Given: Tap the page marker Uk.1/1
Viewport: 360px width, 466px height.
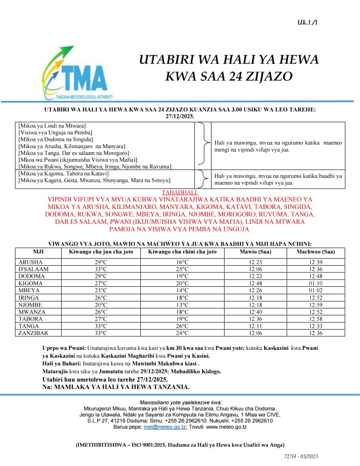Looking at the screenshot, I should click(307, 22).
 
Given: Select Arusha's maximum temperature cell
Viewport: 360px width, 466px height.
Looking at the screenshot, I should click(101, 262).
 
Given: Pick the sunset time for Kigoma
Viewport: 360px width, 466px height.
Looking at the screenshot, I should click(315, 283).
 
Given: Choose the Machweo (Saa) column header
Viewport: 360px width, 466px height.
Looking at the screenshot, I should click(315, 252).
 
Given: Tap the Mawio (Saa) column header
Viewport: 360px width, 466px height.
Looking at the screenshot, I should click(255, 252).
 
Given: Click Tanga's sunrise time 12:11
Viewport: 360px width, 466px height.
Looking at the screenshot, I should click(255, 326).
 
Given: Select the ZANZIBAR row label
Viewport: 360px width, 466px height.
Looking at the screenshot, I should click(33, 333).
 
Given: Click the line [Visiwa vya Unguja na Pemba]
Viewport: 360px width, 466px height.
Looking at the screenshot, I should click(55, 133).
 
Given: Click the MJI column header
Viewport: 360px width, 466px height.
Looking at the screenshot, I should click(38, 252).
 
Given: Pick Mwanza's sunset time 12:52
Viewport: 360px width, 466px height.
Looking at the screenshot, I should click(315, 312).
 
